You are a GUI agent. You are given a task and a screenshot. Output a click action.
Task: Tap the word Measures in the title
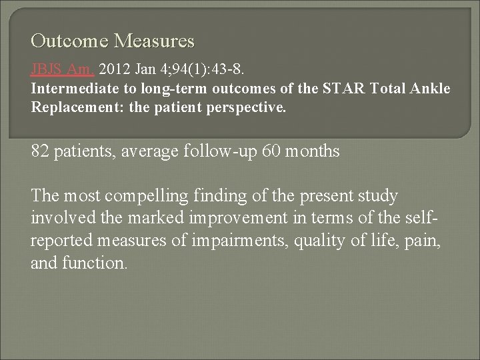coord(154,42)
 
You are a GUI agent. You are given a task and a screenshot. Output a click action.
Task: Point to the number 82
coord(41,151)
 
